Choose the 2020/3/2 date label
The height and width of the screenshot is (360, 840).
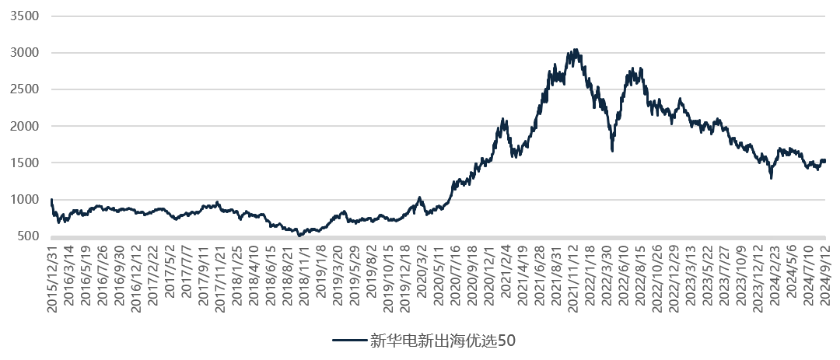click(421, 275)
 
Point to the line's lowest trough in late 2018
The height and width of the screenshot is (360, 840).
click(300, 235)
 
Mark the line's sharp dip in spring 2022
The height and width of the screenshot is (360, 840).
click(612, 150)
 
